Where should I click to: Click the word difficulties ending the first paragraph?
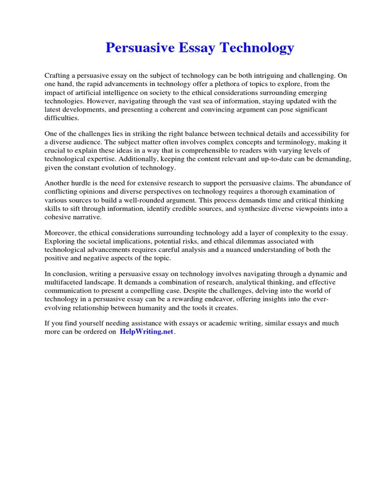61,118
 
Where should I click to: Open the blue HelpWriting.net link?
146,332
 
